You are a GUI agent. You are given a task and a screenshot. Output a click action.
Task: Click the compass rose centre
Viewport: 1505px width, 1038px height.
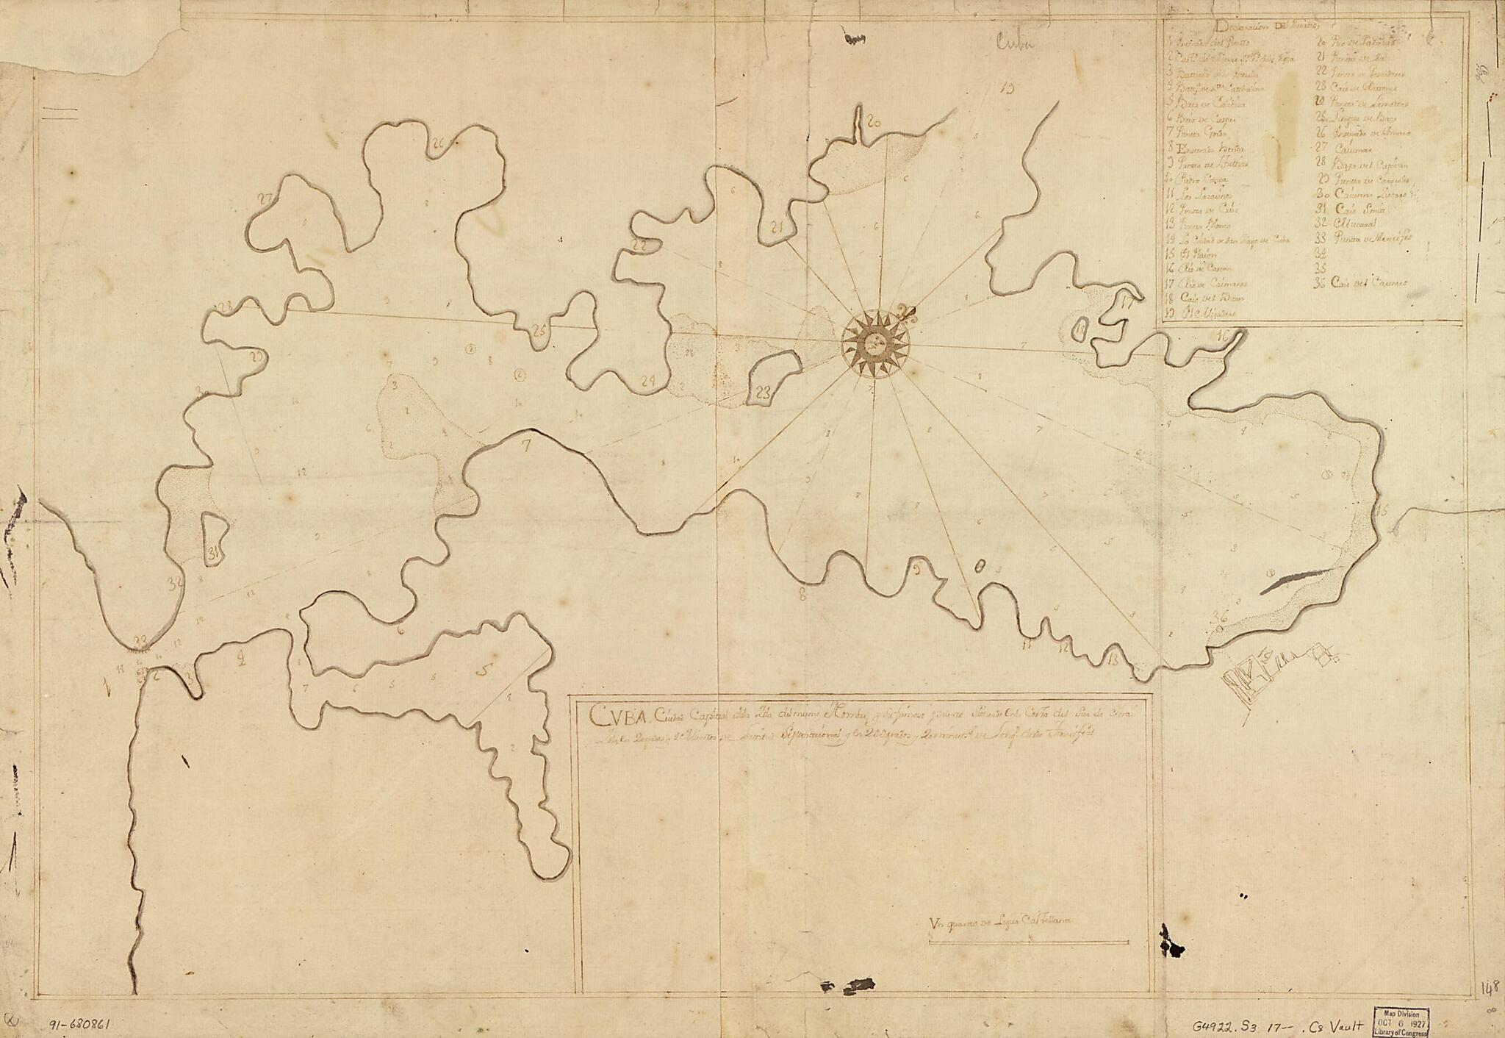(875, 343)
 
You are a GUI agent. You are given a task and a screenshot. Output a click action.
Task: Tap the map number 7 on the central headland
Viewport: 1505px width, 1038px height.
(525, 445)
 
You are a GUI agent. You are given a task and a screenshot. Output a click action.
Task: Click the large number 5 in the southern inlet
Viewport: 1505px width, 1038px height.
(483, 670)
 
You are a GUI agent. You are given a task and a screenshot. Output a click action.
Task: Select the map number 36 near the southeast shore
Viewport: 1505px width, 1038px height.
(1221, 616)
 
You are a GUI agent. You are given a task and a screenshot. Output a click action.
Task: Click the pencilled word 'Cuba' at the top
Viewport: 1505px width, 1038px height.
(1014, 44)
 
